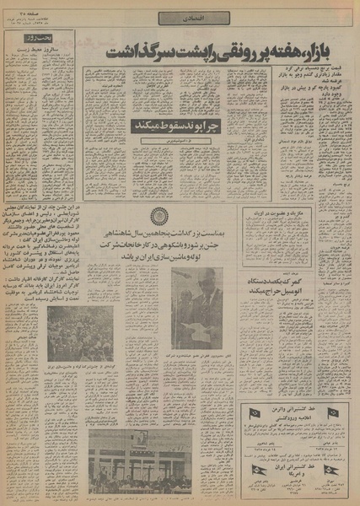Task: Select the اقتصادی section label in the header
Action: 180,17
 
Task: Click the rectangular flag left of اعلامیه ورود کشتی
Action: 254,413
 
